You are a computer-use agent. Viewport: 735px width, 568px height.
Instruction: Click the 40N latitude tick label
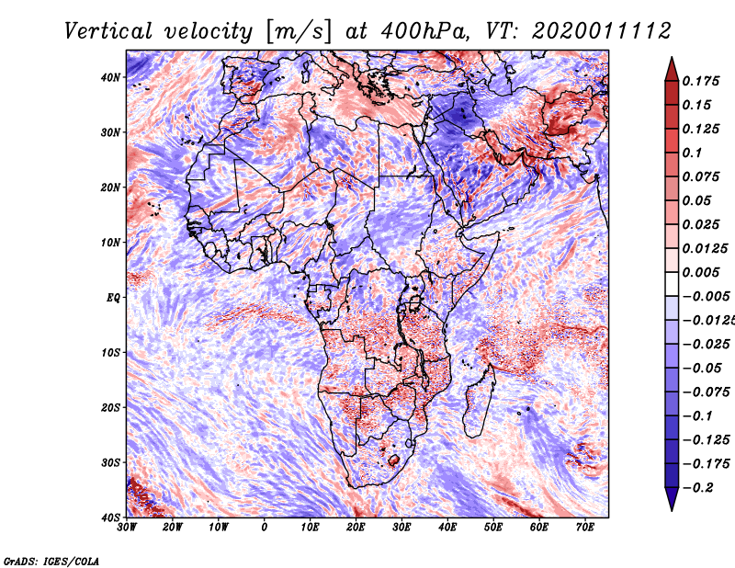pos(110,77)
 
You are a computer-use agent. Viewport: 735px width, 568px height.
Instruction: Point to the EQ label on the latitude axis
pos(113,298)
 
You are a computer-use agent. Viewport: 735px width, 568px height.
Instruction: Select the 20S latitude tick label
pos(110,407)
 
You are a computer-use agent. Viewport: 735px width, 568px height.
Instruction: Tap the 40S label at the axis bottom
pos(110,517)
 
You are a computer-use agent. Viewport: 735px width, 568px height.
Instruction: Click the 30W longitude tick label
pos(127,528)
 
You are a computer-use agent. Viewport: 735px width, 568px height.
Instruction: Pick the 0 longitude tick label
pos(265,528)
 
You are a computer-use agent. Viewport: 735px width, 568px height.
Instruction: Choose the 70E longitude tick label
pos(585,528)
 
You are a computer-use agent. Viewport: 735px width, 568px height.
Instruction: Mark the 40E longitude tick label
pos(447,528)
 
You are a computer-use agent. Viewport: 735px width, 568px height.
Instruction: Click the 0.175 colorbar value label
pos(701,82)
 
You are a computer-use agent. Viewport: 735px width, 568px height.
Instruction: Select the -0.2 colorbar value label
pos(698,488)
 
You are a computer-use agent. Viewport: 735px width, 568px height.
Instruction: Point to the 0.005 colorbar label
pos(701,272)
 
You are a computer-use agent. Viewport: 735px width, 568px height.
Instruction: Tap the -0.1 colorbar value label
pos(698,416)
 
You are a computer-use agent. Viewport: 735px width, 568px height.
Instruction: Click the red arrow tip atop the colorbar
pos(672,58)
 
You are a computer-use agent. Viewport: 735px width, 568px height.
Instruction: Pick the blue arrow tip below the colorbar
pos(672,510)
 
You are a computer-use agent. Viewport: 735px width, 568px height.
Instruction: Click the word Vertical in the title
pos(107,31)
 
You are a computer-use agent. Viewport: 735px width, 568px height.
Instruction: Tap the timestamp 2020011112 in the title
pos(602,31)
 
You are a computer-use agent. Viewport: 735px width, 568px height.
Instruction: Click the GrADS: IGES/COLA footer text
pos(51,561)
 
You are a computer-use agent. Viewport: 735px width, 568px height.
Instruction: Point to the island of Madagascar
pos(479,401)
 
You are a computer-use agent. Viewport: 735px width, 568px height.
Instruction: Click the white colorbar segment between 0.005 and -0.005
pos(672,284)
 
